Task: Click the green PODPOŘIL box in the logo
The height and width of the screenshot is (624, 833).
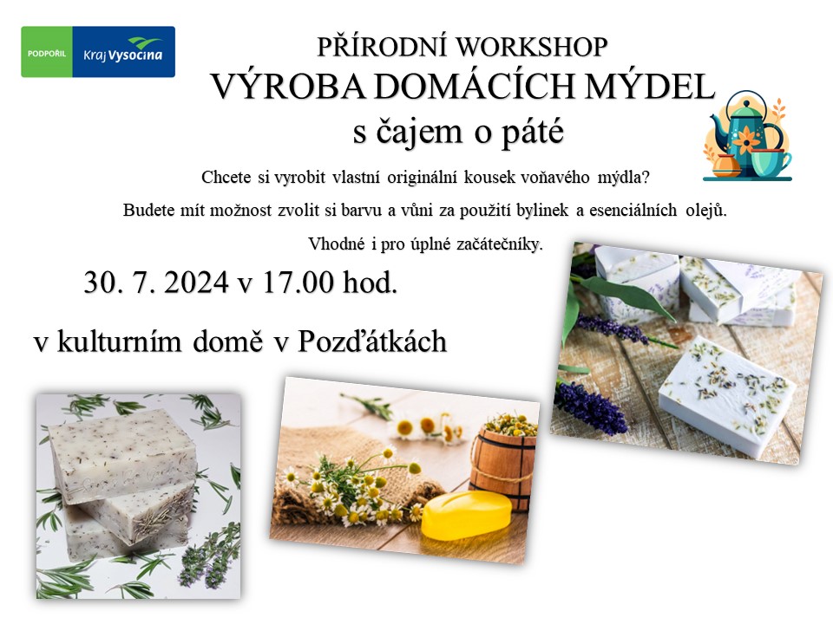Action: [x=47, y=52]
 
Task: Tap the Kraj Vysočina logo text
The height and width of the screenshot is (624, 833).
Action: [x=122, y=54]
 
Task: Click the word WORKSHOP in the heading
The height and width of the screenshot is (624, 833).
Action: [x=531, y=47]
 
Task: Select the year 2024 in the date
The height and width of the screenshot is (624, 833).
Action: [x=197, y=282]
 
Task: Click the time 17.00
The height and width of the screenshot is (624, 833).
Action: [x=298, y=282]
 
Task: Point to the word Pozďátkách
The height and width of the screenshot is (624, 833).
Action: [x=372, y=341]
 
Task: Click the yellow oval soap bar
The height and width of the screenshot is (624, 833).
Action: [x=466, y=515]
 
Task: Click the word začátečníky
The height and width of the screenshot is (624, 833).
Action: [x=500, y=244]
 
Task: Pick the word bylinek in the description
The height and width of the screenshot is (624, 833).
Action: [x=546, y=210]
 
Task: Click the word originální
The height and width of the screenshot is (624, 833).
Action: [x=422, y=177]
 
